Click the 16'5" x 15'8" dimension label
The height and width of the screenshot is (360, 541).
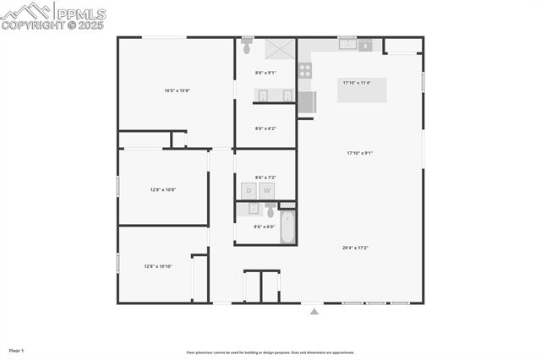177,90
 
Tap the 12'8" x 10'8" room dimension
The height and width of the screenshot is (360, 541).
162,189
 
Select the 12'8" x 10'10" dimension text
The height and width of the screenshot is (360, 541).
158,266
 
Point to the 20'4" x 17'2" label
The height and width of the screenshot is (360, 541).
355,248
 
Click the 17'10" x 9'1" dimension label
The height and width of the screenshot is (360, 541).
359,153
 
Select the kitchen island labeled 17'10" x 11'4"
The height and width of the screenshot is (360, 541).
362,89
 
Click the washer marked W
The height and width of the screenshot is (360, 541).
268,191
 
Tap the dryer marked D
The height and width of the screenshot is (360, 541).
249,191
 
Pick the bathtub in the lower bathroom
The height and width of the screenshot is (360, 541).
287,226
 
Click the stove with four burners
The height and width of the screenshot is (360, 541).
304,71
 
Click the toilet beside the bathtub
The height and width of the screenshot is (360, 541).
270,210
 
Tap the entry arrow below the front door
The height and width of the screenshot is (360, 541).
314,312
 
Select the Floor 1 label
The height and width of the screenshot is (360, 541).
16,350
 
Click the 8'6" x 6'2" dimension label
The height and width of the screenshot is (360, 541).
265,128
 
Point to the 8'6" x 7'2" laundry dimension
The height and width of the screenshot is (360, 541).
265,177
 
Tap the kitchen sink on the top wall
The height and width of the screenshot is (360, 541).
347,44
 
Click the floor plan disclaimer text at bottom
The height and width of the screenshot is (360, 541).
270,352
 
